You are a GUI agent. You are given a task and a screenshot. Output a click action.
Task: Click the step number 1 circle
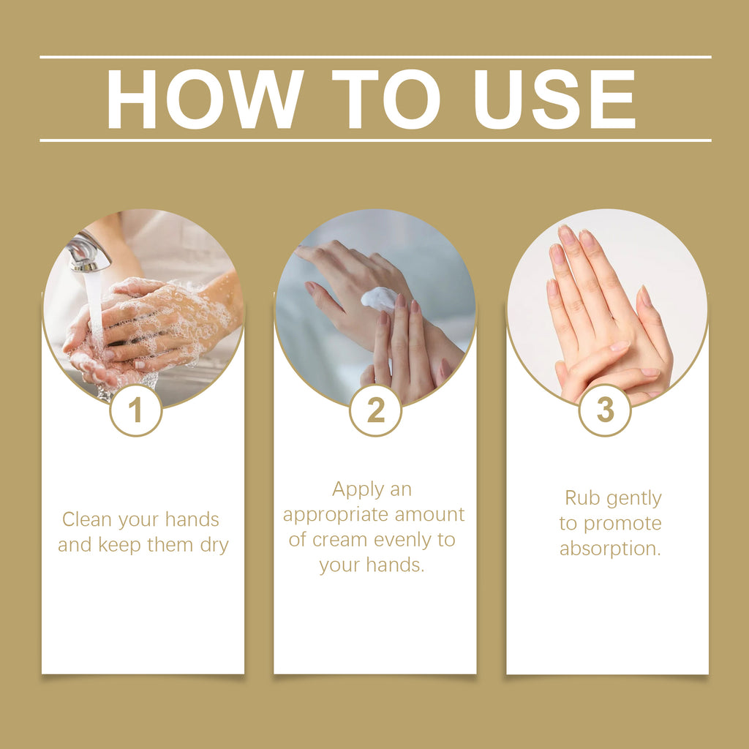tap(135, 410)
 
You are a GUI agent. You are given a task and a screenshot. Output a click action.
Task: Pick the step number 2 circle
tap(375, 410)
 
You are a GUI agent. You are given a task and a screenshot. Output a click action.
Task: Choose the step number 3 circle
tap(605, 410)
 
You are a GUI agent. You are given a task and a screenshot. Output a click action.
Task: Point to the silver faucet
tap(88, 253)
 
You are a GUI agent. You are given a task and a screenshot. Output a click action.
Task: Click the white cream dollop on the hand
tap(379, 298)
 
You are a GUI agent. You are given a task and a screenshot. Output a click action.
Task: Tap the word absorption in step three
tap(610, 549)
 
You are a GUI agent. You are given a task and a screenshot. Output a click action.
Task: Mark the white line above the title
tap(374, 56)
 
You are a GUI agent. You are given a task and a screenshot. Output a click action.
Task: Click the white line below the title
tap(374, 140)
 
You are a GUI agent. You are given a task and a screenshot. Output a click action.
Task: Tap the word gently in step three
tap(633, 499)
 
